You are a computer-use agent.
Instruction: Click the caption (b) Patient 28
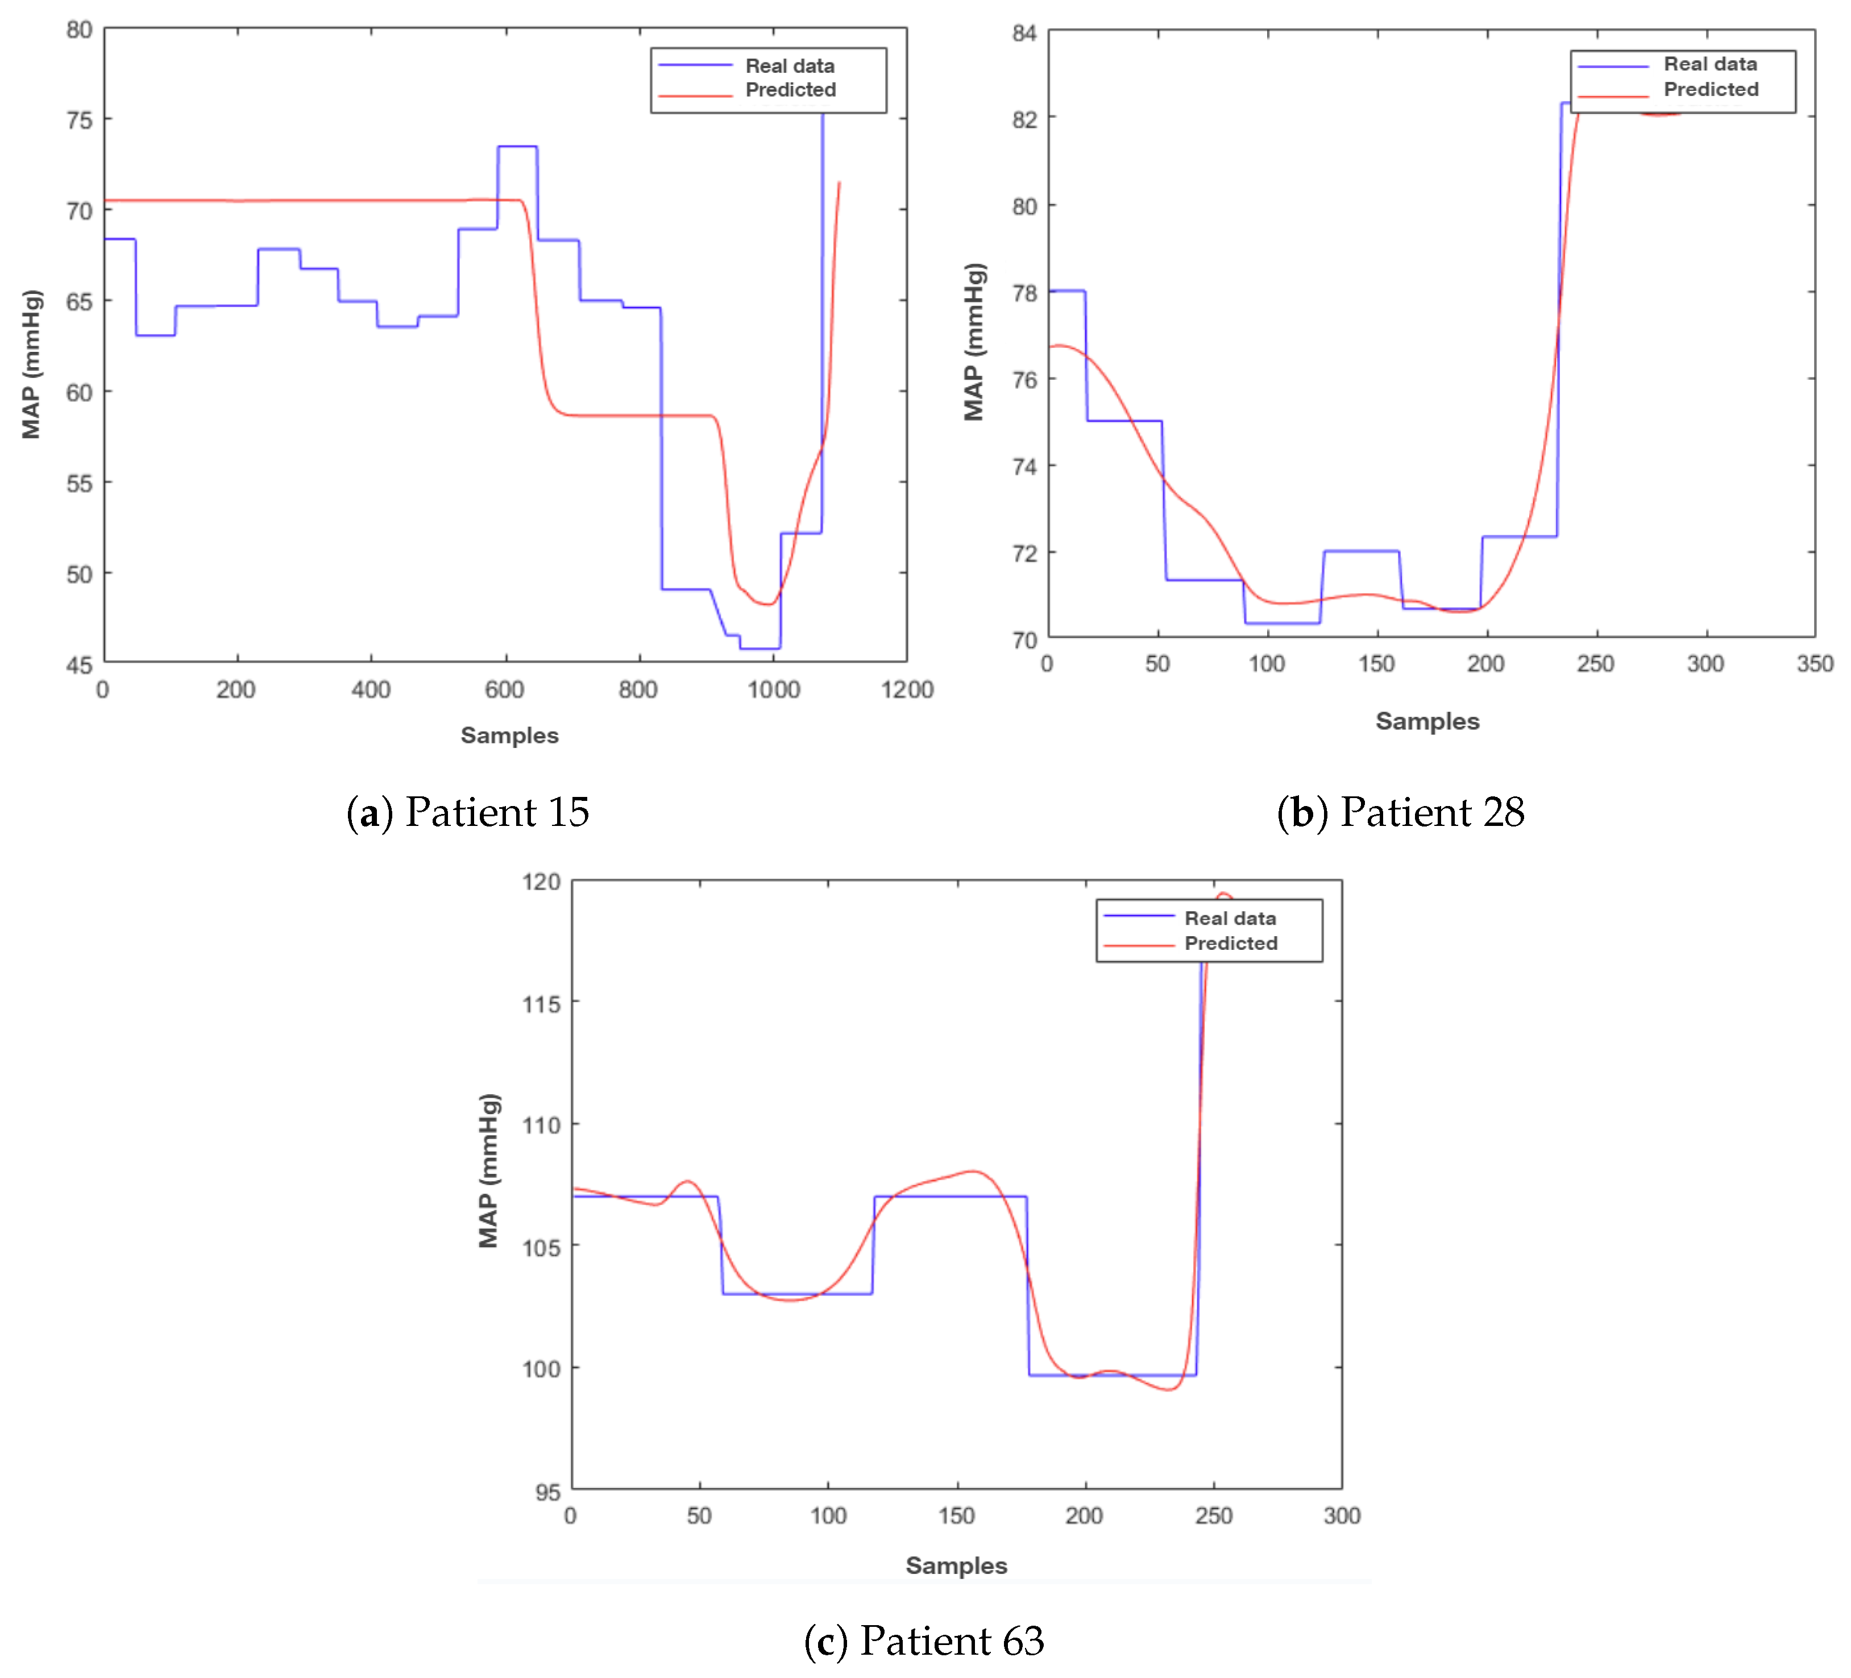(1400, 812)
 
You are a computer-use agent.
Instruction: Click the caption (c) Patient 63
(924, 1640)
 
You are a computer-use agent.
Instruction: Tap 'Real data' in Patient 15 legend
(790, 66)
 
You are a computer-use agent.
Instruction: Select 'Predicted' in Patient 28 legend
(1711, 89)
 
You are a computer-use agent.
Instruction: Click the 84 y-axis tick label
(1024, 34)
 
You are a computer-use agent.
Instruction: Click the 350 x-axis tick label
(1814, 664)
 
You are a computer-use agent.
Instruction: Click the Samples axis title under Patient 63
(956, 1565)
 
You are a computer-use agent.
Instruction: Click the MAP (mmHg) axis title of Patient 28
(974, 342)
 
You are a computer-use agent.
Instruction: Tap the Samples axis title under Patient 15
(509, 736)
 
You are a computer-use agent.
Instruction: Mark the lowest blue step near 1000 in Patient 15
(760, 648)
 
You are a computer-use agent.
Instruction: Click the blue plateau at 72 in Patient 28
(1361, 551)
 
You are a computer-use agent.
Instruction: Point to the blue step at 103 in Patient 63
(797, 1293)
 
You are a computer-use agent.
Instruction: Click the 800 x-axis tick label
(638, 690)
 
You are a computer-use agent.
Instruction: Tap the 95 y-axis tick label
(547, 1492)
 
